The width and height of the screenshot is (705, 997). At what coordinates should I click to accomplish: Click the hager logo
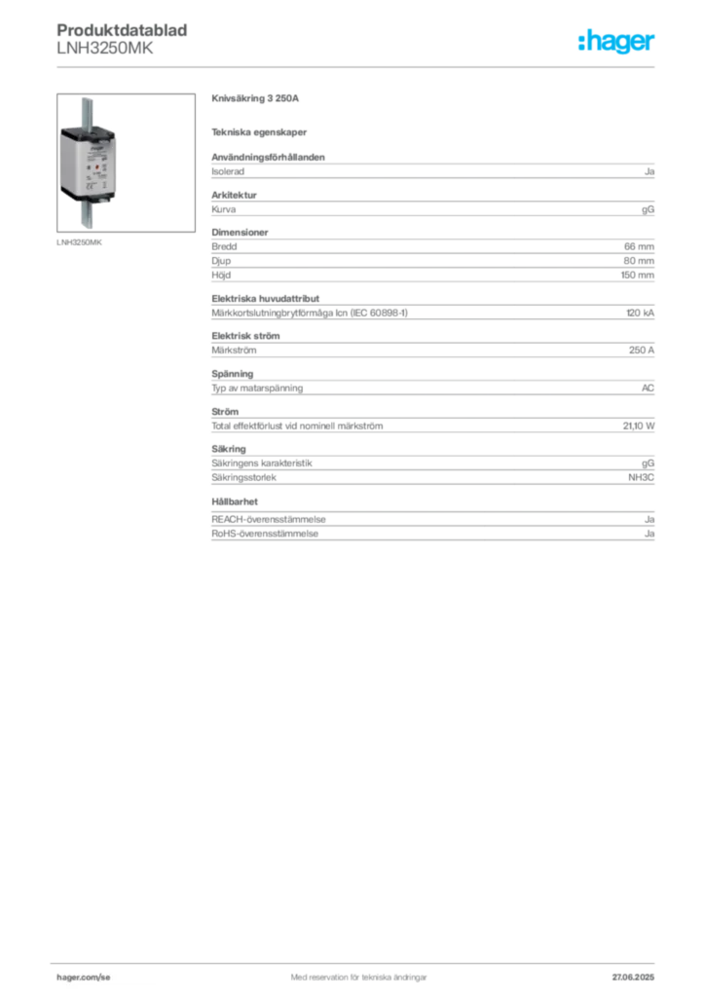(615, 41)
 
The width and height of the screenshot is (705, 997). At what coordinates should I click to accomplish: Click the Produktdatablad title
(122, 30)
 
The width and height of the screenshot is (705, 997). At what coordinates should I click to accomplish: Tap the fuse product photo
(126, 163)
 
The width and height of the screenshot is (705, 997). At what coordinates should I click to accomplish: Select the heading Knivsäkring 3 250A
(255, 98)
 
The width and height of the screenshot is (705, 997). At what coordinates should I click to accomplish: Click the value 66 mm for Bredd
(639, 246)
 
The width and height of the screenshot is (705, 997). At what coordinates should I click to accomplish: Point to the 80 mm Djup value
(639, 261)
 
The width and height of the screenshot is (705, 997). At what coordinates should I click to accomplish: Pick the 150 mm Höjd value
(638, 276)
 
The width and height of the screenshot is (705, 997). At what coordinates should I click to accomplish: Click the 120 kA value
(640, 313)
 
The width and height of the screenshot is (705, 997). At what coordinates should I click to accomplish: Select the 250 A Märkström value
(642, 351)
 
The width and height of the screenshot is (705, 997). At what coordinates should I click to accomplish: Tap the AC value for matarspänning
(648, 388)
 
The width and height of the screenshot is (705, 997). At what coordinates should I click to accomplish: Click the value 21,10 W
(638, 426)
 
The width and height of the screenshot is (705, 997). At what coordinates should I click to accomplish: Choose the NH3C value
(641, 477)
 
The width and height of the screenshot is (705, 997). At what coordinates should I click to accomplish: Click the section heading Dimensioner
(240, 232)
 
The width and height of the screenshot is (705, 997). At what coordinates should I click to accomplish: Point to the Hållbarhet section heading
(235, 501)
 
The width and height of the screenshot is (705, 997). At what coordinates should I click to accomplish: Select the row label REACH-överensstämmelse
(268, 520)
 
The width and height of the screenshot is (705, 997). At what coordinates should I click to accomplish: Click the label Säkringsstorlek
(244, 477)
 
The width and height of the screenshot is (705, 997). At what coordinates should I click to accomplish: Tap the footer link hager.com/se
(84, 978)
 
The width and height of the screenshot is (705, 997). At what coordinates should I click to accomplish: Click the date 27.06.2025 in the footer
(633, 978)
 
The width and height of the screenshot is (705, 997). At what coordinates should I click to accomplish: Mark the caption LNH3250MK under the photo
(79, 242)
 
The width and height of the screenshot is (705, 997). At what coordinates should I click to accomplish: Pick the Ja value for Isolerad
(649, 171)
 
